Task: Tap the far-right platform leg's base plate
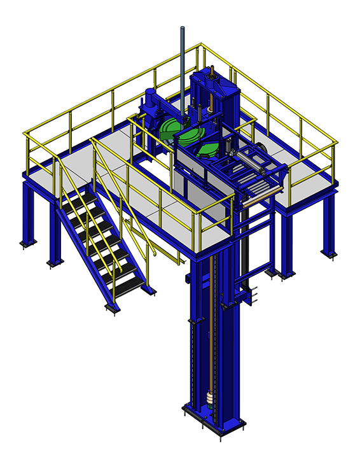tap(329, 253)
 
